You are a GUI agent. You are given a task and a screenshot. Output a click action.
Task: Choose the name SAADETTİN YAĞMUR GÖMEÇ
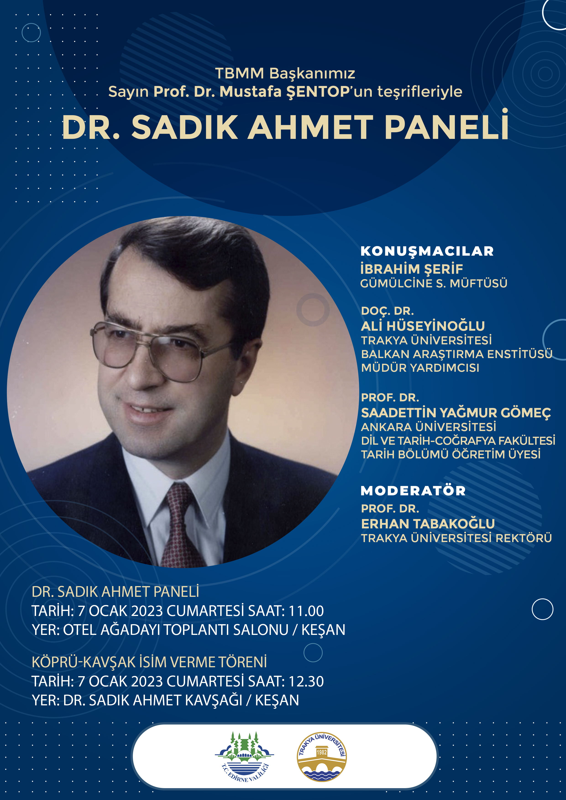[456, 413]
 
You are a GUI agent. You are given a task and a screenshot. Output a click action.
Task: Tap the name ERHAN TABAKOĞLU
[428, 524]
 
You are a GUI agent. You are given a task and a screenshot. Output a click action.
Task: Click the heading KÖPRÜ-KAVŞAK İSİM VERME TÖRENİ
[149, 662]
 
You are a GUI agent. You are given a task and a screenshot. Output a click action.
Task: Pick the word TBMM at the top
[240, 73]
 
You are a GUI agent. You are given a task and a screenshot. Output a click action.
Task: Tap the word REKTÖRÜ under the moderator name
[524, 538]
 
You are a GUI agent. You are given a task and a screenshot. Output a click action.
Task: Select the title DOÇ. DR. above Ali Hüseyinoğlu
[388, 311]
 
